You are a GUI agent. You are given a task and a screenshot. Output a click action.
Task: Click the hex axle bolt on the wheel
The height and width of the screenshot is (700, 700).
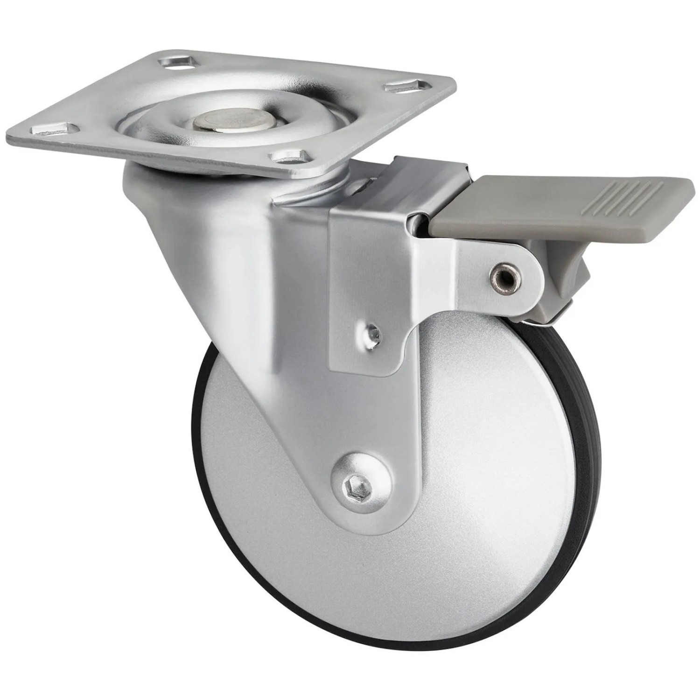tap(351, 490)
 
